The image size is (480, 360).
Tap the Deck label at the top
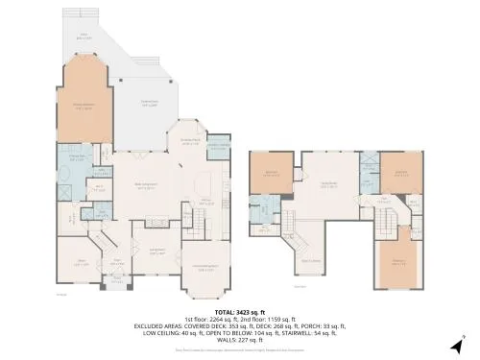[84, 37]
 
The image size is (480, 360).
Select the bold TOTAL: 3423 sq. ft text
[239, 313]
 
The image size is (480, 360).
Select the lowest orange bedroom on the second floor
[397, 261]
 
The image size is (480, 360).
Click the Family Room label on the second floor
[327, 185]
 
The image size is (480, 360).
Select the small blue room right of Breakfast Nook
[219, 145]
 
